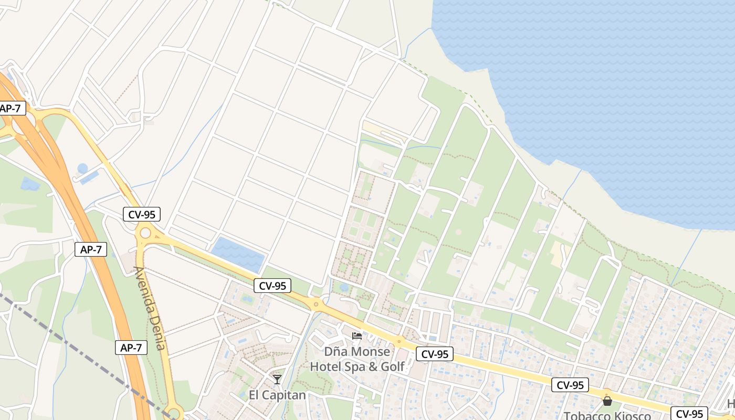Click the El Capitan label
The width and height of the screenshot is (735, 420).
[x=277, y=395]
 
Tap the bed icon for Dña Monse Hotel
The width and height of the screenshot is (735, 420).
[x=357, y=336]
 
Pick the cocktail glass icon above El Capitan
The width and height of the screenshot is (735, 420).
[x=277, y=379]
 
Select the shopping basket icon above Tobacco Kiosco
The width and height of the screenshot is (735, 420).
[x=607, y=401]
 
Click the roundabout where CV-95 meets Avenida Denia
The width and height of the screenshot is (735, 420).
[x=145, y=233]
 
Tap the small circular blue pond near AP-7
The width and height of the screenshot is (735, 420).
[x=82, y=169]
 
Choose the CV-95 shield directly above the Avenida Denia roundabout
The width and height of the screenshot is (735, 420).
[x=141, y=214]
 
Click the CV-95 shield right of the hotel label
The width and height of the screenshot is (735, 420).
[x=435, y=354]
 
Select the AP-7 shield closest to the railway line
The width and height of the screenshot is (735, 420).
[x=131, y=347]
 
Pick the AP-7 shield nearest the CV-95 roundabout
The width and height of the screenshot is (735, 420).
[x=91, y=249]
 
